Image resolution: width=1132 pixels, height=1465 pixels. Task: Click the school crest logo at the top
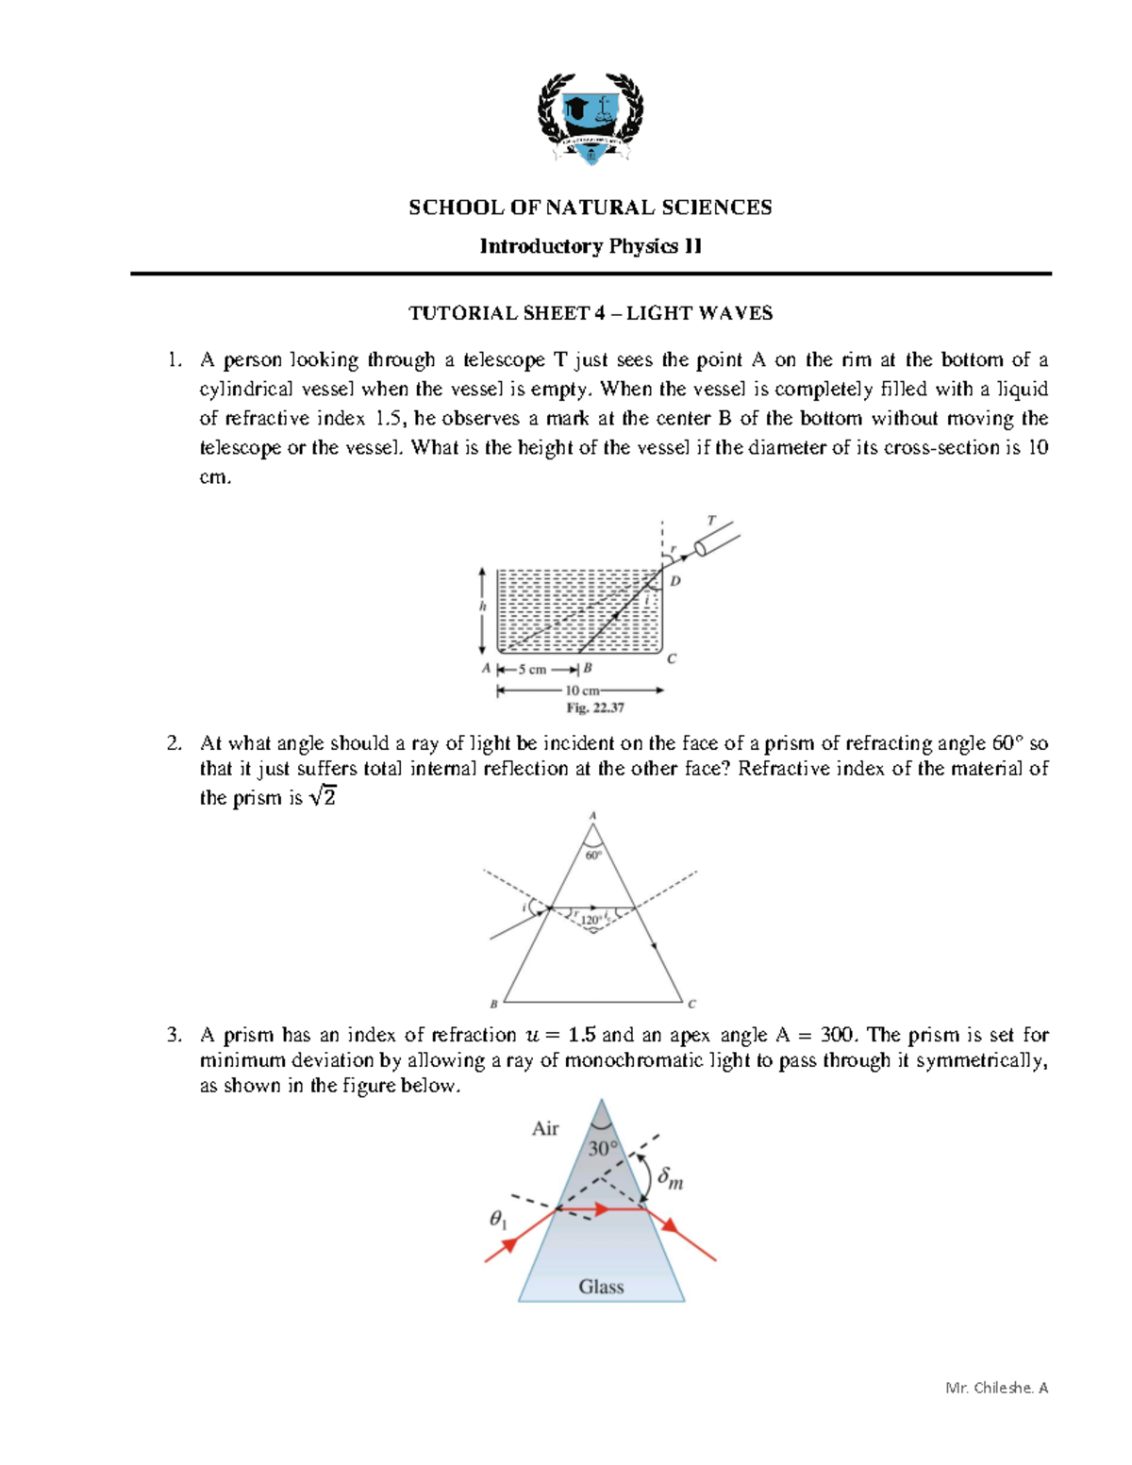[591, 117]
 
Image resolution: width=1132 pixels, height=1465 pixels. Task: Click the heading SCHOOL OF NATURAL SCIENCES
[590, 208]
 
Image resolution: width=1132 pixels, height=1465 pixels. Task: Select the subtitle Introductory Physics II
[590, 246]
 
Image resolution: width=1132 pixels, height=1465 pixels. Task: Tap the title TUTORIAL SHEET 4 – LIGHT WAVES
[590, 313]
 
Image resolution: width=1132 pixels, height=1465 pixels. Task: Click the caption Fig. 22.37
[594, 708]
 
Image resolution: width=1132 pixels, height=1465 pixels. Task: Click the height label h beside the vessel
[482, 607]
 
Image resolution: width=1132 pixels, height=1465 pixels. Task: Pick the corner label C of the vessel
[672, 658]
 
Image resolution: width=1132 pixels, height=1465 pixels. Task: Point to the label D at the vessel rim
[675, 581]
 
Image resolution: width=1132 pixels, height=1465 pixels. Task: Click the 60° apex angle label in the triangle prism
[592, 856]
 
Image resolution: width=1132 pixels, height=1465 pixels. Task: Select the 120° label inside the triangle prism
[591, 919]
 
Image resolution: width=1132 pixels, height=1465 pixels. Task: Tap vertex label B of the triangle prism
[493, 1004]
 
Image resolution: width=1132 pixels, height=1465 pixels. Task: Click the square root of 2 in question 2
[323, 797]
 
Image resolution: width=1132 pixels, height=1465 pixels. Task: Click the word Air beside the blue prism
[545, 1128]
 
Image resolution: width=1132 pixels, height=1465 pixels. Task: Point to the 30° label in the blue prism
[603, 1148]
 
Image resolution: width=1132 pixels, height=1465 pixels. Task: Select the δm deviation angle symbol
[670, 1177]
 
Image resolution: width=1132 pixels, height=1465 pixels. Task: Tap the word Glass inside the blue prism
[601, 1287]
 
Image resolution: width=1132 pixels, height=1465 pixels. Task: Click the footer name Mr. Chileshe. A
[996, 1388]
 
